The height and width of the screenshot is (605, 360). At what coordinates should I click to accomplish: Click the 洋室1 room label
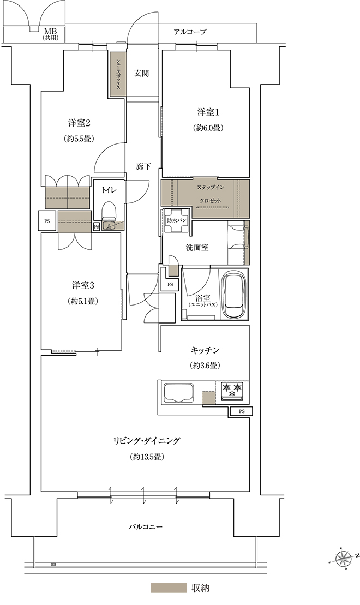click(x=208, y=112)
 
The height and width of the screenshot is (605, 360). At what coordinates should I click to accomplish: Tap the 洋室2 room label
click(x=79, y=123)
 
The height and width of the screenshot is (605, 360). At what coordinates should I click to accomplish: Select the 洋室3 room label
click(x=83, y=285)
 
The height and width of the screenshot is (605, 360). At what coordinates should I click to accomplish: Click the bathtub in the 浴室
click(x=233, y=294)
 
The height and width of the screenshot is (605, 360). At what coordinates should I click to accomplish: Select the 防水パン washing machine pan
click(x=176, y=221)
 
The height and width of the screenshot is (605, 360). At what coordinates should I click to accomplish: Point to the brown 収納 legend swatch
click(x=169, y=588)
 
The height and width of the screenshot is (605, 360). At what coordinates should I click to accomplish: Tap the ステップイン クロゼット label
click(x=211, y=194)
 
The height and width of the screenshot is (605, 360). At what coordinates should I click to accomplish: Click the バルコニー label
click(x=146, y=526)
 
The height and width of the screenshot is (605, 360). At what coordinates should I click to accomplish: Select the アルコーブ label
click(x=190, y=32)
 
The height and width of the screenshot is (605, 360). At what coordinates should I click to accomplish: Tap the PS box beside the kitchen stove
click(x=242, y=411)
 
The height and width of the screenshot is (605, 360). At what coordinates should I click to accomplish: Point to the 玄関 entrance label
click(x=142, y=73)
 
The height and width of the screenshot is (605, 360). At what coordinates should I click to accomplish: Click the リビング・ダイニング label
click(x=147, y=441)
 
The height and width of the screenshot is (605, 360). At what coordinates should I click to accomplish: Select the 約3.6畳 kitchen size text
click(x=205, y=364)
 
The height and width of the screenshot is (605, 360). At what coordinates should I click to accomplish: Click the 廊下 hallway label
click(x=143, y=167)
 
